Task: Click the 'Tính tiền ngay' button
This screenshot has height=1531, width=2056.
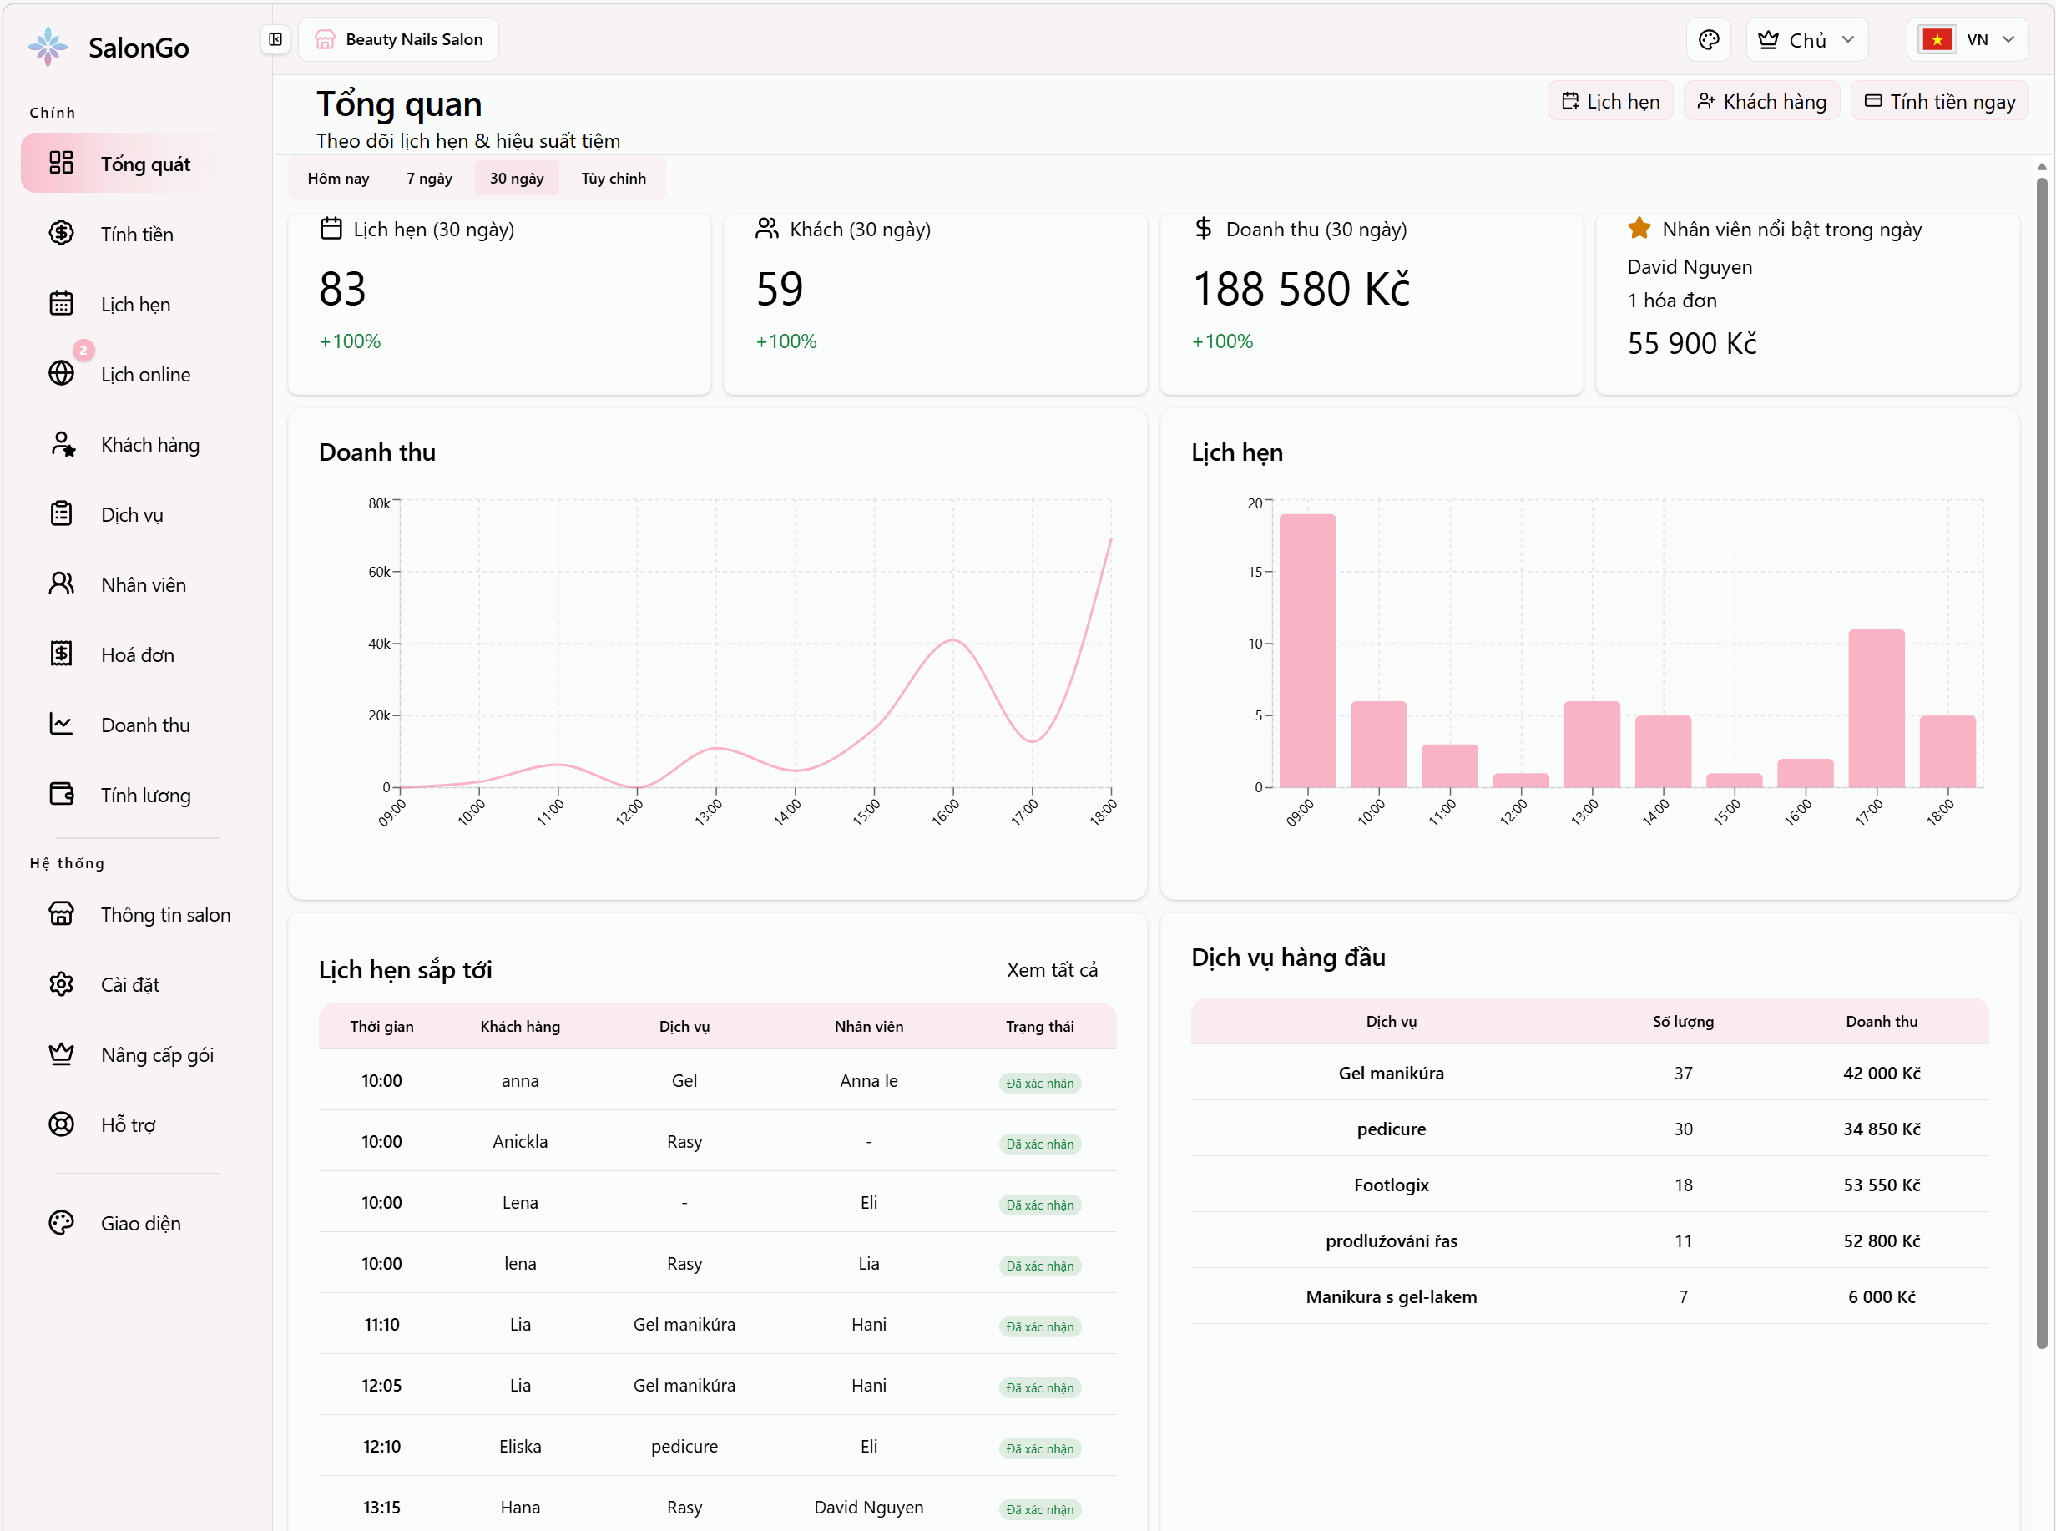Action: point(1938,102)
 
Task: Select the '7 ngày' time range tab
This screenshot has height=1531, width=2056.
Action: point(429,178)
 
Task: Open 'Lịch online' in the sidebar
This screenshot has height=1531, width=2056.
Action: point(145,375)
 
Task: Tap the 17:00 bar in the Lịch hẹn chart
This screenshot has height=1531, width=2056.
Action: point(1876,708)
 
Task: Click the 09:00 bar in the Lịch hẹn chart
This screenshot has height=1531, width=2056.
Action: point(1306,650)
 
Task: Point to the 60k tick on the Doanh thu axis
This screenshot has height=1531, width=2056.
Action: point(380,572)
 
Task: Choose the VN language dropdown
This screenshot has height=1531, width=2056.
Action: point(1967,40)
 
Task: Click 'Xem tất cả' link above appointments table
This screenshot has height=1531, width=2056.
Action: point(1052,969)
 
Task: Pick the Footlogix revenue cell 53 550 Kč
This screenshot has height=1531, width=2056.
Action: point(1881,1185)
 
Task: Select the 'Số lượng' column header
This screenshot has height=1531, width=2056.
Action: point(1683,1021)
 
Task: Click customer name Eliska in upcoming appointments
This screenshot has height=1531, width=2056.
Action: point(520,1446)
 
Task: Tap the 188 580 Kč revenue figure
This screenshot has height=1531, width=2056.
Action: point(1300,289)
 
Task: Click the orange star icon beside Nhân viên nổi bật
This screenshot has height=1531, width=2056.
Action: point(1638,228)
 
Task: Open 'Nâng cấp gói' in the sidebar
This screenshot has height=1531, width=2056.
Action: point(157,1054)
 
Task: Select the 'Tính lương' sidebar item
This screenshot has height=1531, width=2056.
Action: point(145,796)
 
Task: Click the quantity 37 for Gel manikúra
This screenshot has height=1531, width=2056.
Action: point(1683,1074)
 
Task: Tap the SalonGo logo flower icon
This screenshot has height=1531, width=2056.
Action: point(48,47)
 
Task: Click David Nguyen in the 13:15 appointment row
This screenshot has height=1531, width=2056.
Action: point(868,1507)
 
